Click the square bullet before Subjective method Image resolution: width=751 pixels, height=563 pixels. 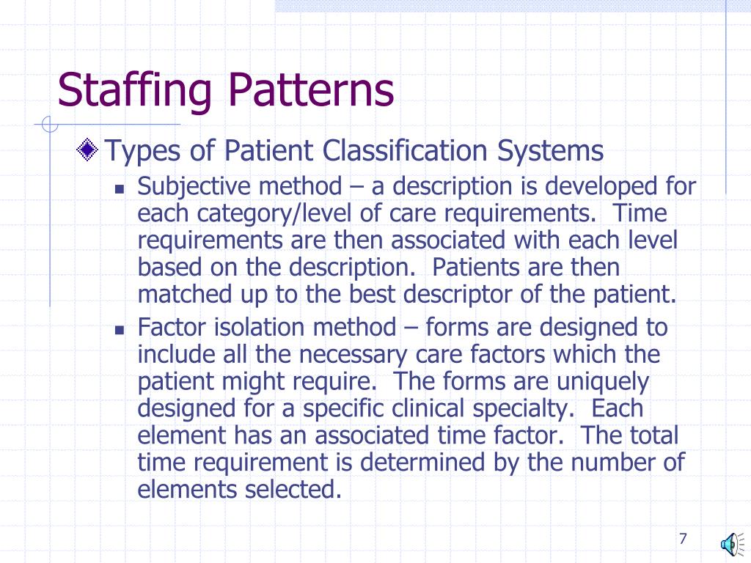(x=121, y=188)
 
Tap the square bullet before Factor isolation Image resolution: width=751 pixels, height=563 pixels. (x=121, y=329)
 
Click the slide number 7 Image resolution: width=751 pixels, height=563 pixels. (x=683, y=539)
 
